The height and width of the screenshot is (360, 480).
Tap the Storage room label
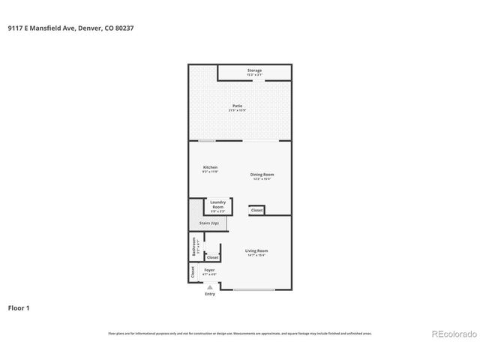255,70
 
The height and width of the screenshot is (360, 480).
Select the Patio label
237,106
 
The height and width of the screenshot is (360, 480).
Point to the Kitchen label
210,167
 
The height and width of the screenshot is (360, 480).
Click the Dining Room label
262,175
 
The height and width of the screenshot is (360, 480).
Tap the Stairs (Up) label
209,223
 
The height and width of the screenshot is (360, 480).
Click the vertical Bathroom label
193,247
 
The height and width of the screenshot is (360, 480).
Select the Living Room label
256,250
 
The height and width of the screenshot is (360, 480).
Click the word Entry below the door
210,293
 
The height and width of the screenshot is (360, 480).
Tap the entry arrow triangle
210,286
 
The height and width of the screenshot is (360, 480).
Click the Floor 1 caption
19,307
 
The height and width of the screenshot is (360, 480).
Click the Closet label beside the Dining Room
256,211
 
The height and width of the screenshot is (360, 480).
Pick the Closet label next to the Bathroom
213,256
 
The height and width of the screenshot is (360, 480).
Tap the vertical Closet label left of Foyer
193,273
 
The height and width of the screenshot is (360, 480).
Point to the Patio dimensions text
237,110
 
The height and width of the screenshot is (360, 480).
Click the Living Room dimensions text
256,256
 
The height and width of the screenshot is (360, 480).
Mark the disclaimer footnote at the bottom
240,333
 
